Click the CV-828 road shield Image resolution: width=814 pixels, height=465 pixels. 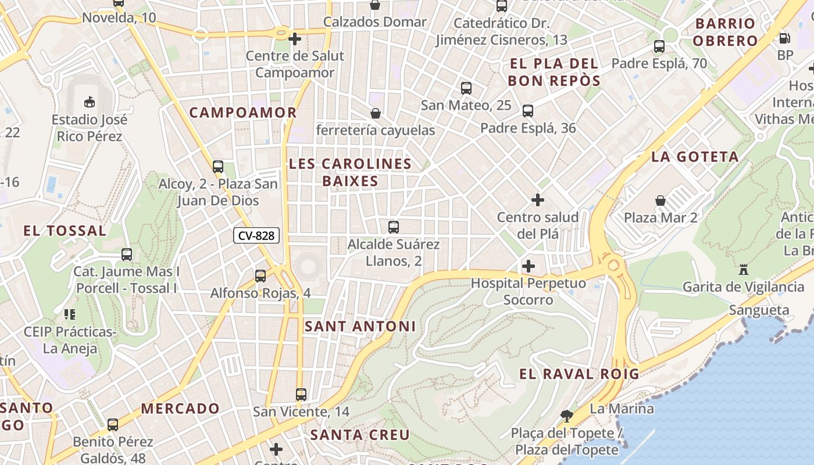pyautogui.click(x=256, y=235)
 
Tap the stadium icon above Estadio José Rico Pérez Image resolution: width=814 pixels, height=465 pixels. pyautogui.click(x=89, y=102)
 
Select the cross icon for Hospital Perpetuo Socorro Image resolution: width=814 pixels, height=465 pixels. pyautogui.click(x=528, y=266)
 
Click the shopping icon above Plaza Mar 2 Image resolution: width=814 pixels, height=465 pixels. pyautogui.click(x=661, y=201)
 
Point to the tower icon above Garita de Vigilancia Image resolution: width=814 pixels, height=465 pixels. pyautogui.click(x=743, y=269)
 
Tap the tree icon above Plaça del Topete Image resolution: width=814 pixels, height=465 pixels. pyautogui.click(x=566, y=416)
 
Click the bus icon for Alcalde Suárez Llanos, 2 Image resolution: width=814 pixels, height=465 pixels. pyautogui.click(x=394, y=227)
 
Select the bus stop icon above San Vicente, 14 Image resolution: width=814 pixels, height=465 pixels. pyautogui.click(x=301, y=394)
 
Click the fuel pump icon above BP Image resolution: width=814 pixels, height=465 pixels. pyautogui.click(x=784, y=38)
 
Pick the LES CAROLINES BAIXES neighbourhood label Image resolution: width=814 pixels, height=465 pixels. pyautogui.click(x=350, y=172)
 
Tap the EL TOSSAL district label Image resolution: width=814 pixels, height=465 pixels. pyautogui.click(x=65, y=231)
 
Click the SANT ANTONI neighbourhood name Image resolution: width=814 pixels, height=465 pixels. pyautogui.click(x=360, y=327)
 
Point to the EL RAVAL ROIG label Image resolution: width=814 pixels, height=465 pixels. pyautogui.click(x=579, y=374)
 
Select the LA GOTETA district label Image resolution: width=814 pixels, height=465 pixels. pyautogui.click(x=695, y=156)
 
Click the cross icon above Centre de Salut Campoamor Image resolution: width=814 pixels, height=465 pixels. pyautogui.click(x=295, y=39)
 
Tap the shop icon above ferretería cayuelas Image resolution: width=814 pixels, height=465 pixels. pyautogui.click(x=376, y=113)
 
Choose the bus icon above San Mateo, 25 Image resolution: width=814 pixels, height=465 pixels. pyautogui.click(x=466, y=88)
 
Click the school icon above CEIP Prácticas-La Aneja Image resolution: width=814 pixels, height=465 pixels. pyautogui.click(x=70, y=314)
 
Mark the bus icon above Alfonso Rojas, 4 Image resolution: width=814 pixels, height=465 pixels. pyautogui.click(x=260, y=276)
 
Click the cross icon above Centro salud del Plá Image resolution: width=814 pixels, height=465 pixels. pyautogui.click(x=538, y=200)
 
